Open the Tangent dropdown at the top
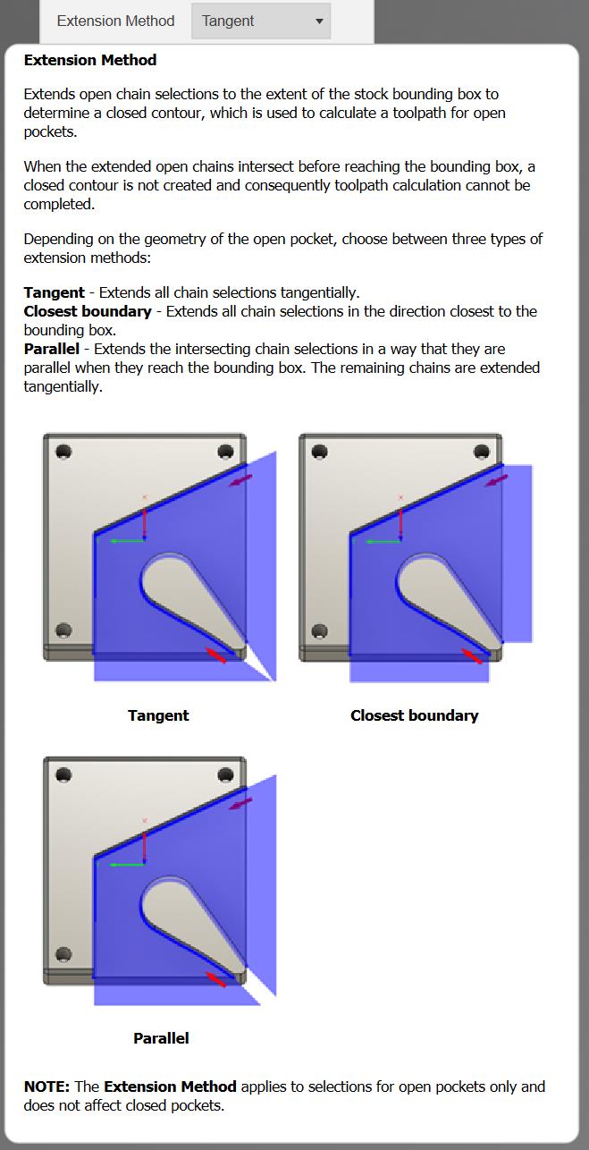(261, 21)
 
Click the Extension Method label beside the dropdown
(116, 21)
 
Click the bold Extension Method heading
(90, 60)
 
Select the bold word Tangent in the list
(55, 292)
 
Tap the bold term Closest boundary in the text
(88, 311)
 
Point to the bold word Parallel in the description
(52, 349)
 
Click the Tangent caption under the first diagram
(158, 715)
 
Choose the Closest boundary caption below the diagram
(414, 715)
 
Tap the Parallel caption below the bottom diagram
(161, 1038)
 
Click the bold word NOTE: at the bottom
(46, 1087)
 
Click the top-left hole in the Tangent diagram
(63, 452)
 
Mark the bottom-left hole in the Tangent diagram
(63, 631)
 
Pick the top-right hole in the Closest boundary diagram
(482, 452)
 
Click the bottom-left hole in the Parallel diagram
(63, 953)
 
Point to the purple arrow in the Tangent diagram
(240, 481)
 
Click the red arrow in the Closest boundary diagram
(471, 656)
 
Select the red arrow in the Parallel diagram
(215, 979)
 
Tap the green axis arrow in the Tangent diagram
(125, 540)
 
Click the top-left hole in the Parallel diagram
(63, 774)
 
